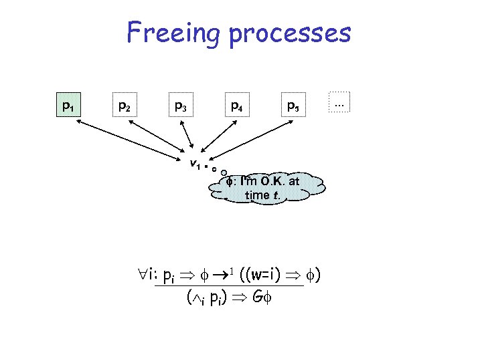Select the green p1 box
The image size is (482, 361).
(68, 106)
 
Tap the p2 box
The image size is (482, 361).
(124, 106)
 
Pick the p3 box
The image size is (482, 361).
(180, 106)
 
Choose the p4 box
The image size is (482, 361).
(236, 106)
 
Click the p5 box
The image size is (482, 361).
(293, 106)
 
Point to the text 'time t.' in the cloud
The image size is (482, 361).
(262, 195)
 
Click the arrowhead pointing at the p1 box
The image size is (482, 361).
(71, 121)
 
